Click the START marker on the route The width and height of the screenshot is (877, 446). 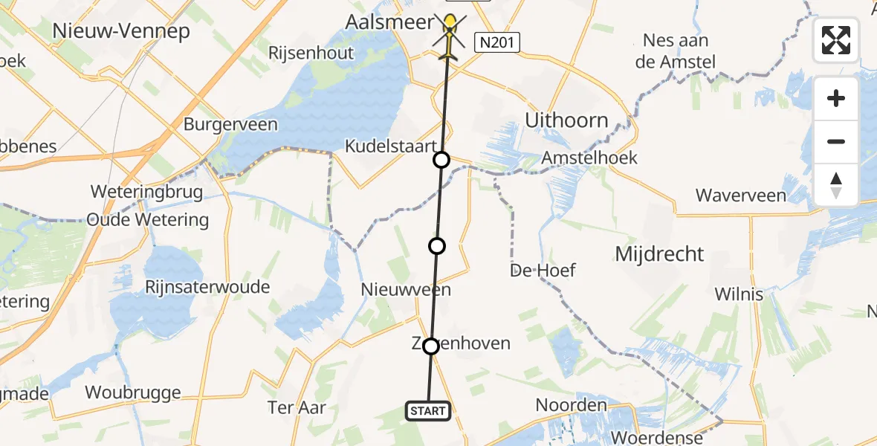coord(428,410)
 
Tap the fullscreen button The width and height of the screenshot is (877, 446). coord(836,40)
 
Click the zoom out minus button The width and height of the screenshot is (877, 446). coord(836,141)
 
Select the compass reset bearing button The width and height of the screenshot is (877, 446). coord(836,184)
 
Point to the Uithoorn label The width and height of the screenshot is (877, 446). coord(566,120)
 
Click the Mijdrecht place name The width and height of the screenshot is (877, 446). coord(659,254)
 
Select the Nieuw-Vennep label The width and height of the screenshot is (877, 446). coord(120,31)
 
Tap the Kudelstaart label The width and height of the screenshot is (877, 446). coord(389,146)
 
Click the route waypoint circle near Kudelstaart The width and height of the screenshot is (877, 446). coord(441,160)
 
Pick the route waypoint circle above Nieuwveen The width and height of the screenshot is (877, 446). coord(437,245)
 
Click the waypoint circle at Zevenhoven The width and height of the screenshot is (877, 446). coord(430,346)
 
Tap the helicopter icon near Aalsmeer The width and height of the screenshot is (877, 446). coord(450,33)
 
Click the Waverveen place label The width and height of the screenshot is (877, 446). coord(740,195)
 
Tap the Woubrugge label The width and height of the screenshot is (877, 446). coord(133,392)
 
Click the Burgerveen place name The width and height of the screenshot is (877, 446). coord(230,124)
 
